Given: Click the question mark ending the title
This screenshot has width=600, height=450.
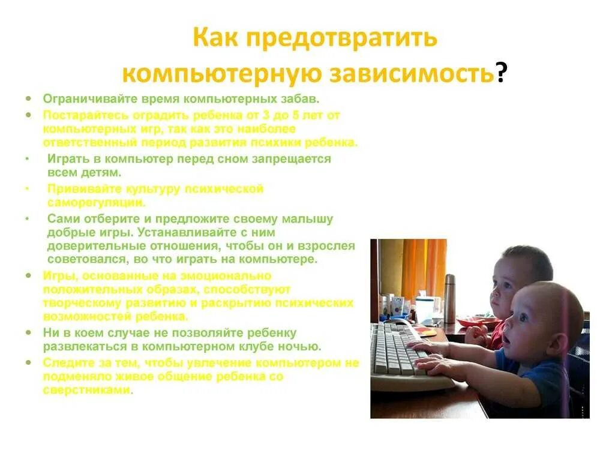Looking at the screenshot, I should click(x=501, y=74).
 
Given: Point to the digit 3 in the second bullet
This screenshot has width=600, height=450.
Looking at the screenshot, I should click(x=280, y=115).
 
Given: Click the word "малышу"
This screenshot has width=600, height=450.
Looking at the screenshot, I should click(x=308, y=218).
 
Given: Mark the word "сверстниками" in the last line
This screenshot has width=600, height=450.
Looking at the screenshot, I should click(x=86, y=389).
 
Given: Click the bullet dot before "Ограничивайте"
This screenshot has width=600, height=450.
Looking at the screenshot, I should click(x=28, y=98).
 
